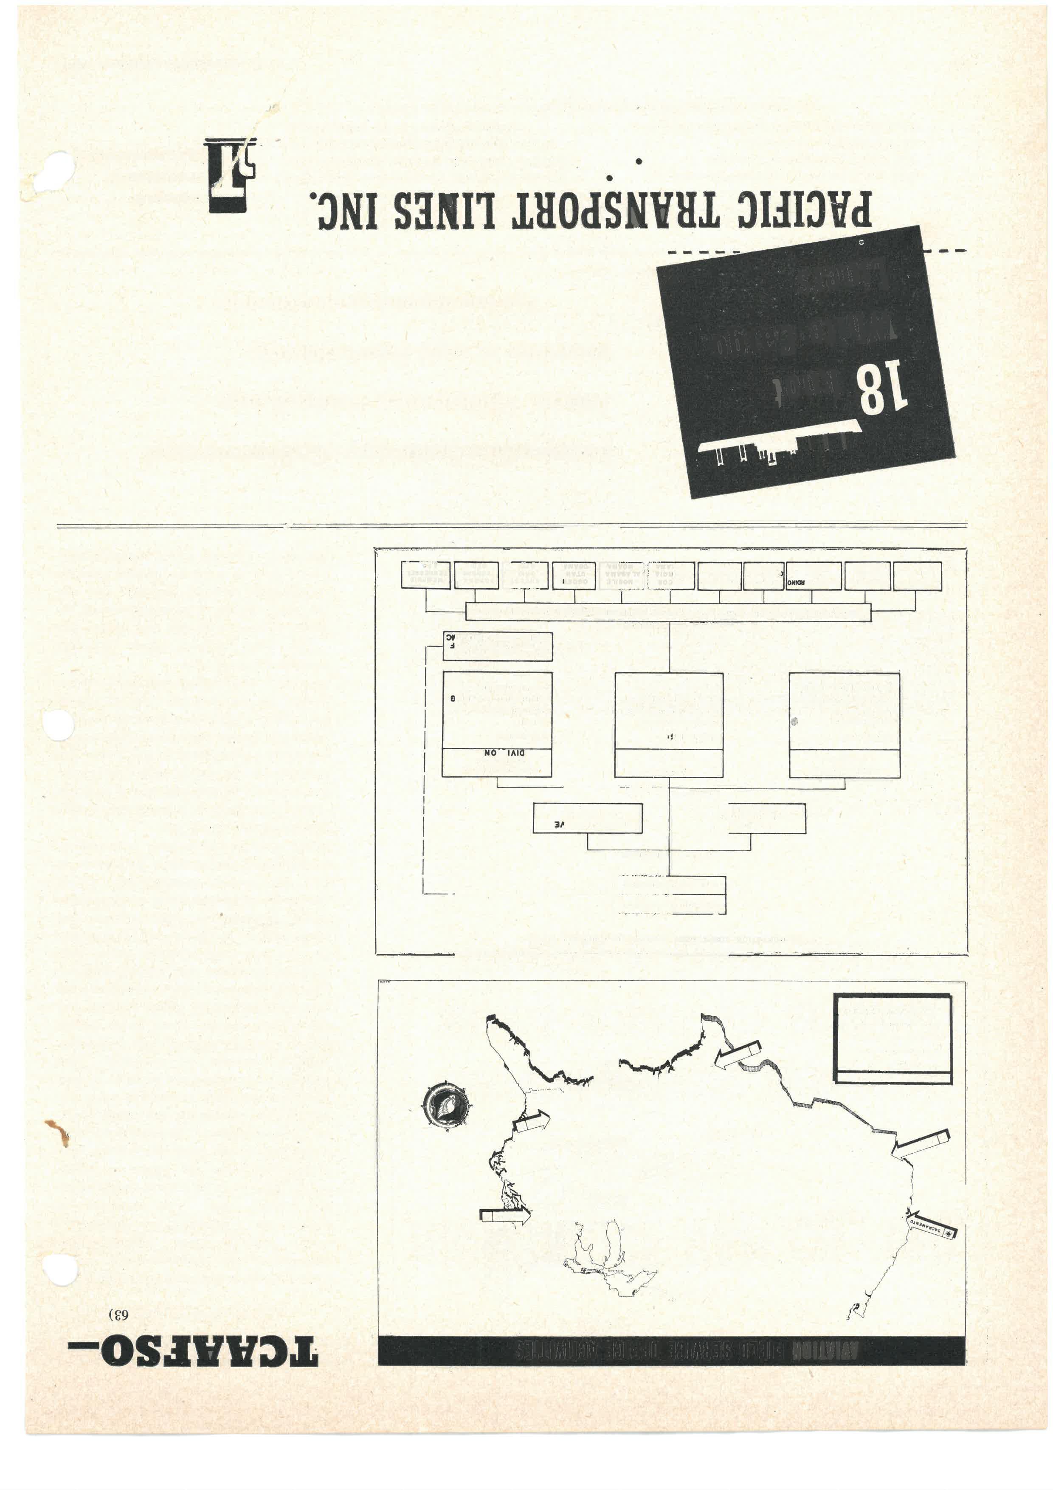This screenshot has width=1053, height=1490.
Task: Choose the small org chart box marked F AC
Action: tap(498, 646)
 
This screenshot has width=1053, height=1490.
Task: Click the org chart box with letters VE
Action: tap(587, 818)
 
